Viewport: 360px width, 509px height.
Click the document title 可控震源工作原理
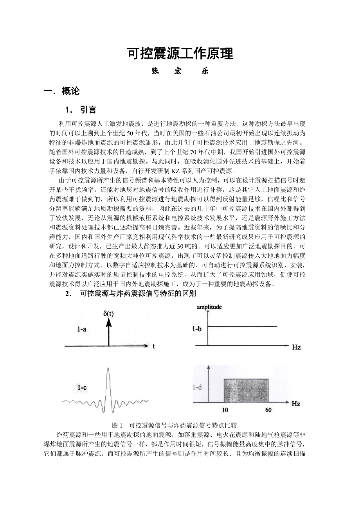click(x=180, y=54)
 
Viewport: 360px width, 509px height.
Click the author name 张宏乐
click(x=180, y=72)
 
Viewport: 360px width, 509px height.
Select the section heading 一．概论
click(x=62, y=91)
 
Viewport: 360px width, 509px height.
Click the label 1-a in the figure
click(x=82, y=330)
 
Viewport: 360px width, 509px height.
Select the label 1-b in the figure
click(x=197, y=329)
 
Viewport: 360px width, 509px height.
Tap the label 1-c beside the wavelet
click(x=82, y=387)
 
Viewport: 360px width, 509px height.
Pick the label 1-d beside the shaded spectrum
click(x=198, y=387)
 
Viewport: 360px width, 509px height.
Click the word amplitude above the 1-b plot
click(x=209, y=307)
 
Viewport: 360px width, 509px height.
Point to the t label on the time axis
click(x=154, y=346)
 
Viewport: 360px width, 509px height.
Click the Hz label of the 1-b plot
click(x=296, y=347)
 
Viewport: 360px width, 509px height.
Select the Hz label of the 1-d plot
click(x=296, y=403)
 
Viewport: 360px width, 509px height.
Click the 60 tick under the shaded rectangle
click(x=268, y=410)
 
